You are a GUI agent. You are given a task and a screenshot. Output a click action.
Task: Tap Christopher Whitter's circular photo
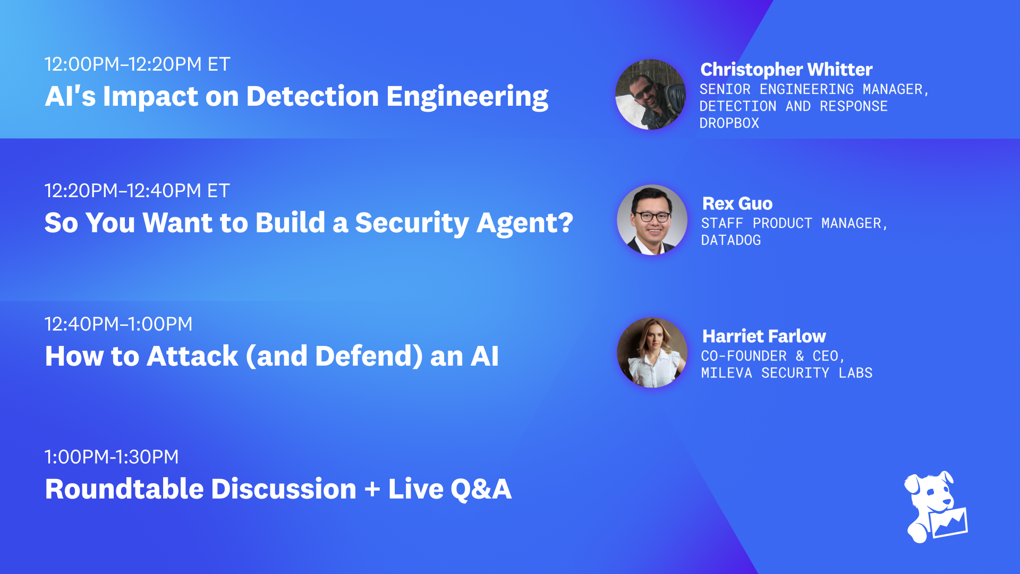650,95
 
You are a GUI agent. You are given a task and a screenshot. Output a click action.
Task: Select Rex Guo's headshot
652,220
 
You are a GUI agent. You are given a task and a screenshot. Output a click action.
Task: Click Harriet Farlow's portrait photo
652,353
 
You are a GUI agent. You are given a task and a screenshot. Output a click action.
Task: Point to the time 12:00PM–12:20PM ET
137,64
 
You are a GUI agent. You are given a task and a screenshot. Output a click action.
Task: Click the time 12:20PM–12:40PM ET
137,191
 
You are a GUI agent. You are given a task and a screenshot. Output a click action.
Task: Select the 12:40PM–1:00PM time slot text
118,324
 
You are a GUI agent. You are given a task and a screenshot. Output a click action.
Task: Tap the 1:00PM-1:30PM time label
112,457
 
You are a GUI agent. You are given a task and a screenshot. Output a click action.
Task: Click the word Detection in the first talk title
312,97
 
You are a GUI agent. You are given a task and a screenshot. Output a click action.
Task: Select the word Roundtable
124,489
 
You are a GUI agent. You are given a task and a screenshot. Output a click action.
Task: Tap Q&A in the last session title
481,489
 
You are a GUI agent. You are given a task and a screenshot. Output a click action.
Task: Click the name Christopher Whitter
786,70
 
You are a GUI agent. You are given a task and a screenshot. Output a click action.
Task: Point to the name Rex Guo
737,204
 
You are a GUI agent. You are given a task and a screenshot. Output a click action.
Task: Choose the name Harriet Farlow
764,336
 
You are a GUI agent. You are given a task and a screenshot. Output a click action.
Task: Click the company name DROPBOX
729,123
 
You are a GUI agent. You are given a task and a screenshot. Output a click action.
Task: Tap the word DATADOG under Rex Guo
731,240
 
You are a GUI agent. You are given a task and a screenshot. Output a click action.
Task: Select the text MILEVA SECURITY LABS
786,373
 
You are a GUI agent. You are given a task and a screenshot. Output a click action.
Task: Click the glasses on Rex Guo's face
653,216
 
